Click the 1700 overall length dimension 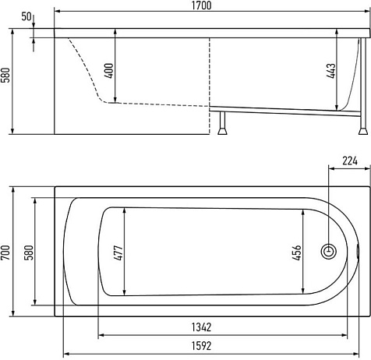202,5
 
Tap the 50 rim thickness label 26,16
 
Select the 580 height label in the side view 5,75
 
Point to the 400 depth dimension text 109,71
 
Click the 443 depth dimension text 331,71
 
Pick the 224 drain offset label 350,161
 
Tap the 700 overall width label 5,252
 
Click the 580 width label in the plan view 29,252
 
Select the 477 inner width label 118,252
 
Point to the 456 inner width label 296,252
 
